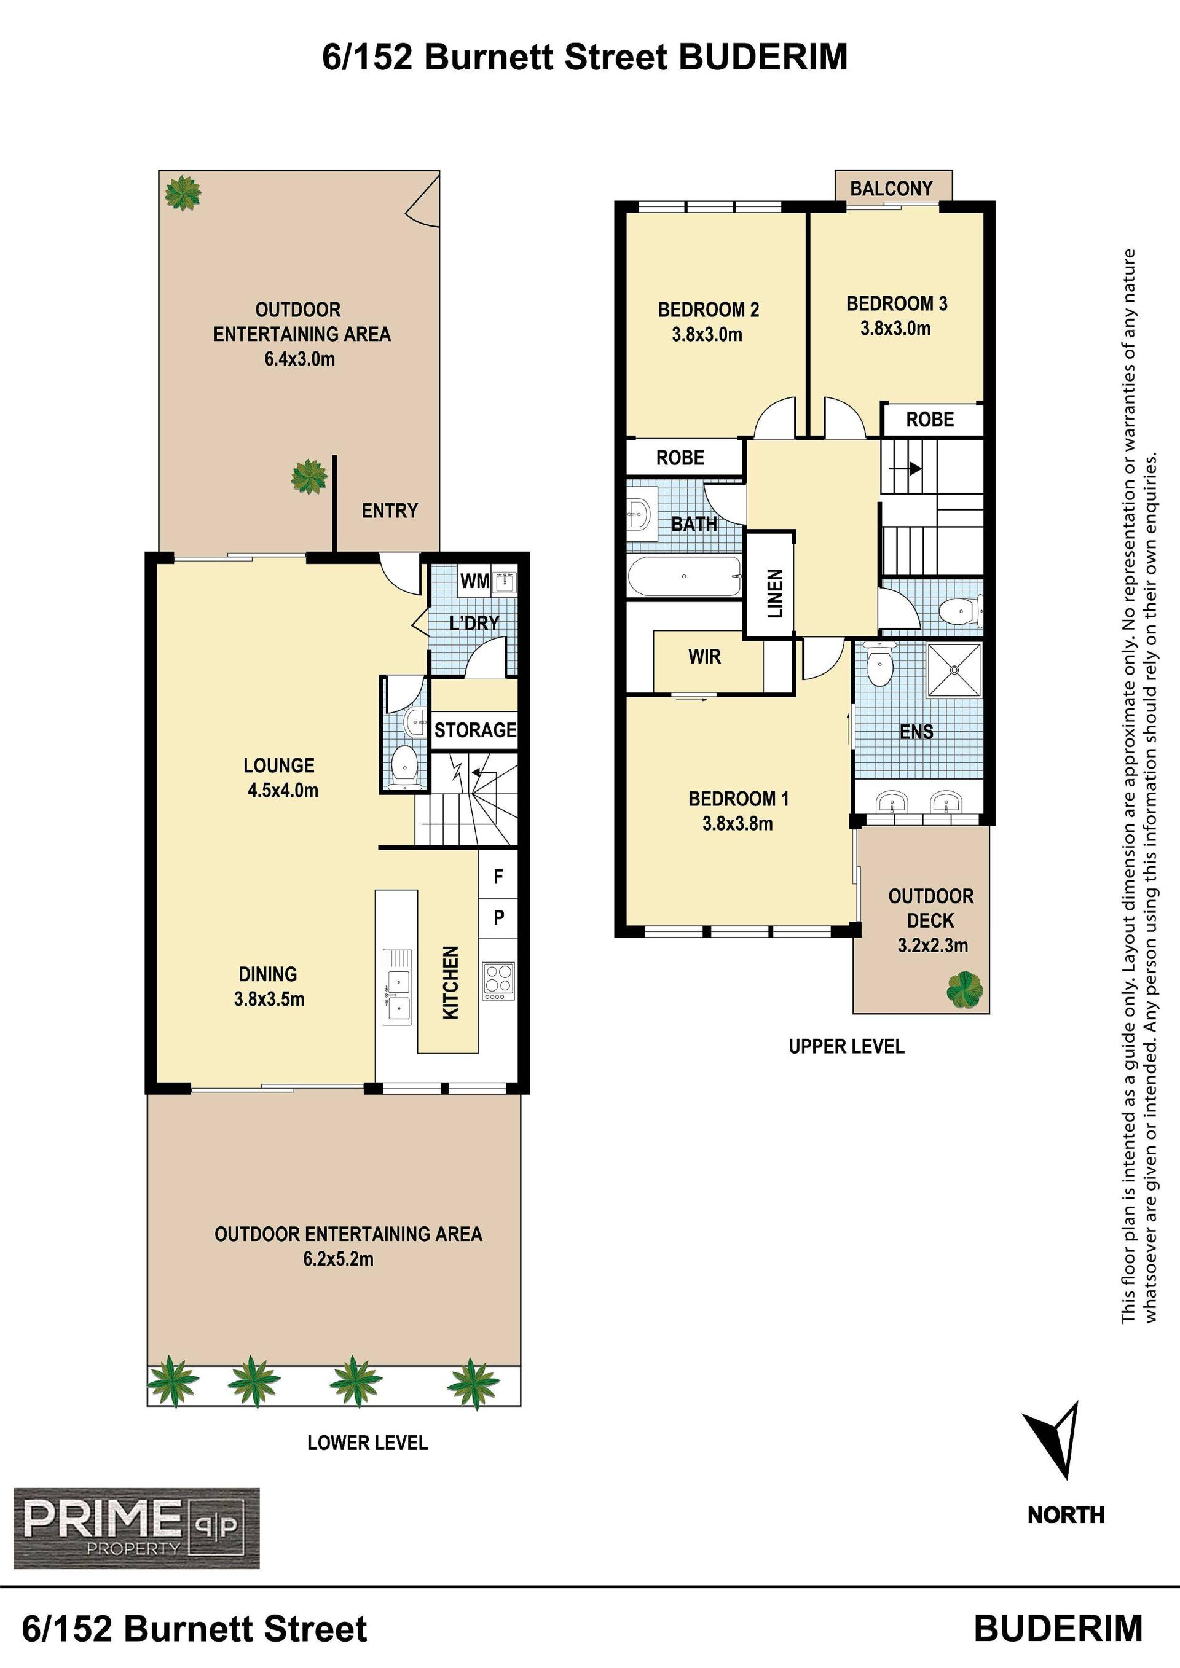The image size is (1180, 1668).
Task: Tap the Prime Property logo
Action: pos(136,1529)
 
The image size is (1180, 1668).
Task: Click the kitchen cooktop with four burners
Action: pos(498,981)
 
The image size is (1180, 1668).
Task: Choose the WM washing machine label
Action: pos(474,581)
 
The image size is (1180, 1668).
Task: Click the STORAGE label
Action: pos(475,729)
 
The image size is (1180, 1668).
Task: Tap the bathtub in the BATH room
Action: pos(685,577)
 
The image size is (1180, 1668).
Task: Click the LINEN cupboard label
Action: pos(775,593)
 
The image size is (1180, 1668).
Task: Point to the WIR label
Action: pos(704,657)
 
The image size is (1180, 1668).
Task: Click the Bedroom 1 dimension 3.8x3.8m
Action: pos(737,823)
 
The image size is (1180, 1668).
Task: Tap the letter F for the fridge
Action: pos(498,877)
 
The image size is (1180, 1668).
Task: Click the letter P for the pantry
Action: pos(498,917)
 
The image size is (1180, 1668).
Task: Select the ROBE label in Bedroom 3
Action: pos(930,419)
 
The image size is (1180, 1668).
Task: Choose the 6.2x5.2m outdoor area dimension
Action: pos(339,1259)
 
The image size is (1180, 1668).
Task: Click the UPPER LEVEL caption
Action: pos(846,1047)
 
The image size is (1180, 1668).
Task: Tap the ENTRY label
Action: pos(390,511)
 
